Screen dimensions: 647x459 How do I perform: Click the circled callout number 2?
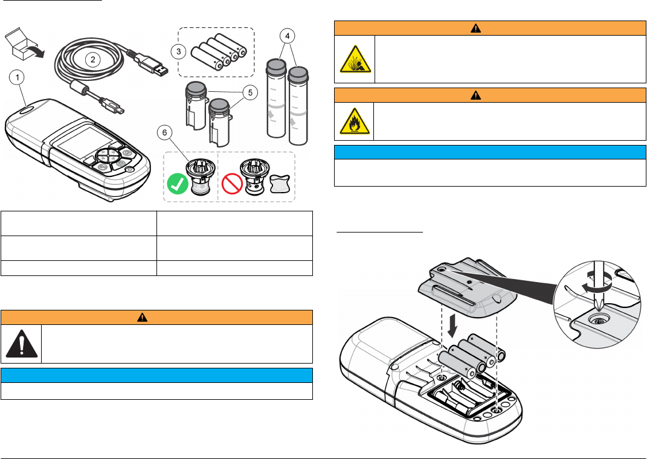92,59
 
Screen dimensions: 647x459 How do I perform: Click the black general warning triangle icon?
21,344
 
